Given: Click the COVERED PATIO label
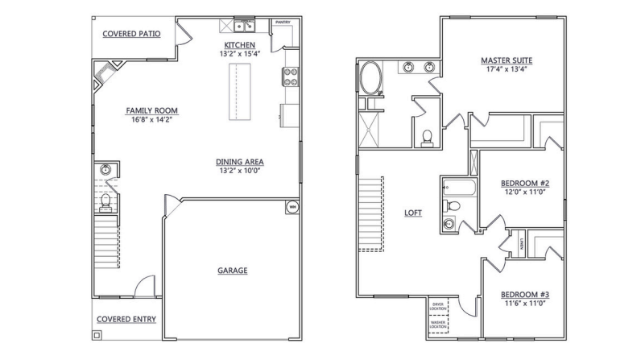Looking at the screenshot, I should point(131,34).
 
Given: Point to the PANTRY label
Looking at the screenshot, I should point(283,23).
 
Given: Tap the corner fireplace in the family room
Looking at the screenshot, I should point(105,77).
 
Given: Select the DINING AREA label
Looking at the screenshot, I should point(240,161).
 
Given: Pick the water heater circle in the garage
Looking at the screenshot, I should point(292,207).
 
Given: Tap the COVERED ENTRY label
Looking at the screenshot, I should point(126,319).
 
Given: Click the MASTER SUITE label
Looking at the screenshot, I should point(507,60).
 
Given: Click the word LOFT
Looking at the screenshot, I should point(413,213).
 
